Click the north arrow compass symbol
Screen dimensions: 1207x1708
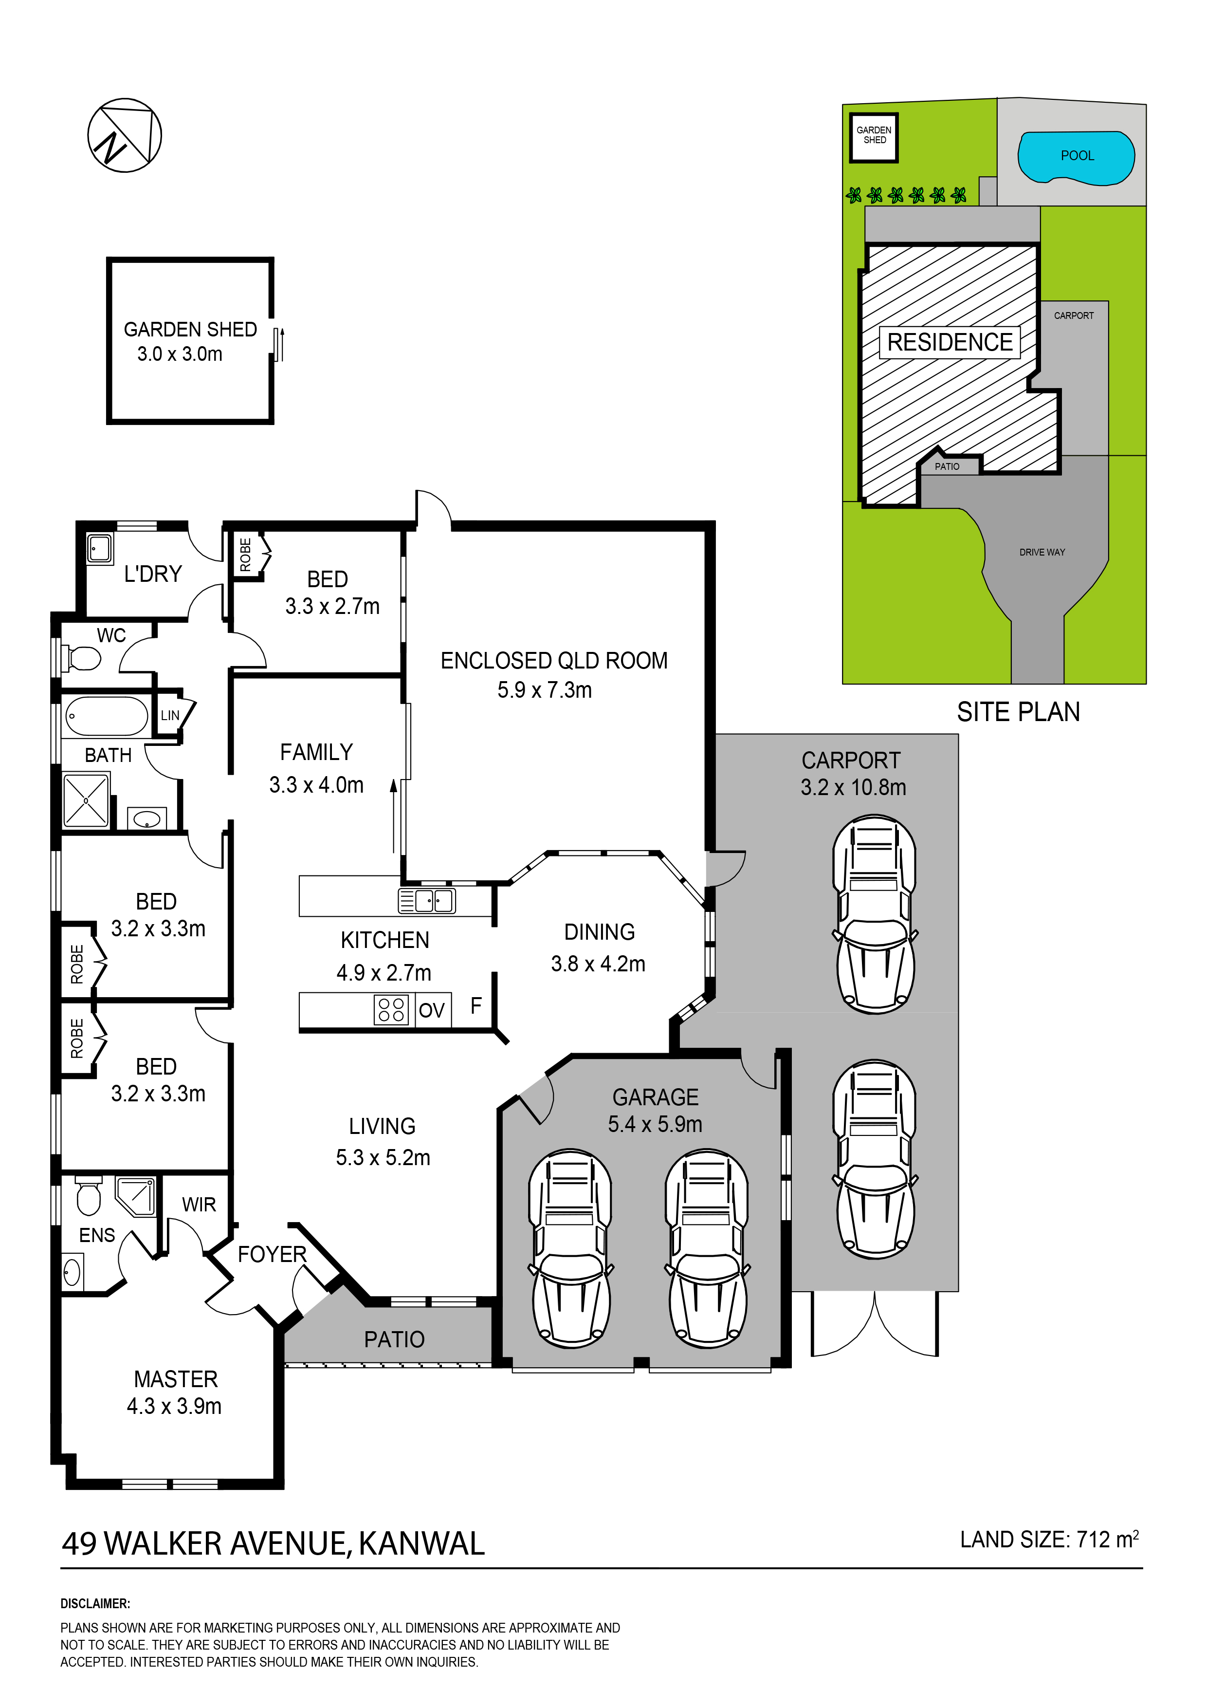[125, 135]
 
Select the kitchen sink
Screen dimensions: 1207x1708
[428, 901]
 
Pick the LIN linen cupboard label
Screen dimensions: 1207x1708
[170, 716]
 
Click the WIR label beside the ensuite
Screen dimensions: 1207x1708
[199, 1205]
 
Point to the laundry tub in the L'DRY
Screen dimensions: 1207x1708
[100, 550]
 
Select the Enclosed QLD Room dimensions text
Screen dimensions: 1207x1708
[545, 690]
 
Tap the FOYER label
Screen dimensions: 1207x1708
[272, 1255]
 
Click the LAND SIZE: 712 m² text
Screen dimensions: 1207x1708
[1049, 1539]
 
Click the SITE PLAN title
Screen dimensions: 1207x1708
[1018, 713]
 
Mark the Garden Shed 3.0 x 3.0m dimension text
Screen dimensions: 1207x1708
[180, 354]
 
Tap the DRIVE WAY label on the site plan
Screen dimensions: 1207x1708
[1042, 552]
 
